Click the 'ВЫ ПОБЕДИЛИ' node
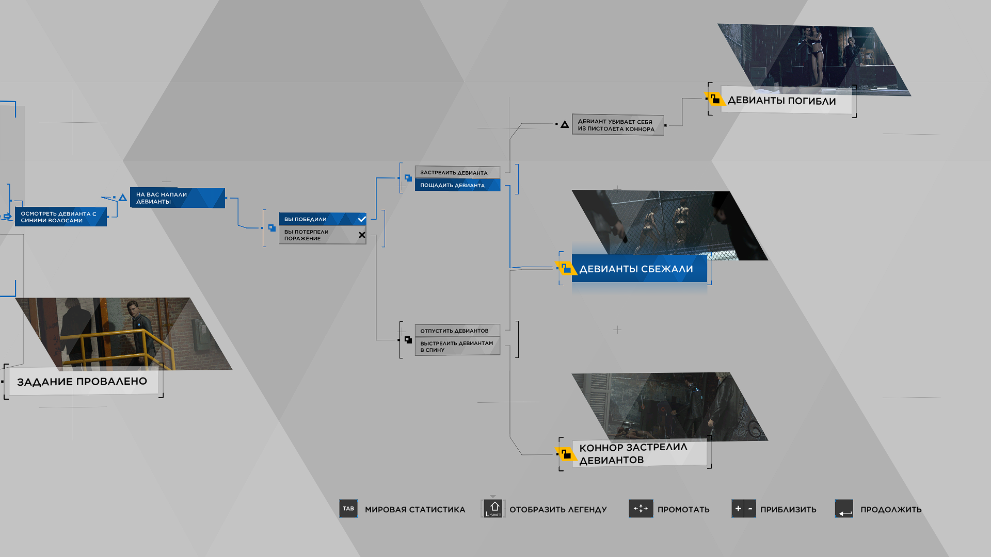pyautogui.click(x=322, y=219)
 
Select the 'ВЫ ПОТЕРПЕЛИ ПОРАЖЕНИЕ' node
pyautogui.click(x=322, y=235)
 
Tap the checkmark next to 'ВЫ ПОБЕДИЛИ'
pyautogui.click(x=362, y=219)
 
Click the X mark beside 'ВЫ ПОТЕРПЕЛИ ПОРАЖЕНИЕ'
pyautogui.click(x=362, y=235)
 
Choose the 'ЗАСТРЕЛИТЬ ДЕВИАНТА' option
pyautogui.click(x=457, y=172)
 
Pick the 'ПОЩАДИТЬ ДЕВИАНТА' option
pyautogui.click(x=457, y=185)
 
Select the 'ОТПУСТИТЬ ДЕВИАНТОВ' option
pyautogui.click(x=457, y=331)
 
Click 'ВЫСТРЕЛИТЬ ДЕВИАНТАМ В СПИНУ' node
pyautogui.click(x=457, y=346)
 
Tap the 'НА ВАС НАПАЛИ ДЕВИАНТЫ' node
pyautogui.click(x=178, y=198)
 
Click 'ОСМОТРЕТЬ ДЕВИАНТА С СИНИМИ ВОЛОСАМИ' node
pyautogui.click(x=61, y=217)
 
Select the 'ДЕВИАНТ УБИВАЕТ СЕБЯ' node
pyautogui.click(x=618, y=125)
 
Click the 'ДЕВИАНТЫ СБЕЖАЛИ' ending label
pyautogui.click(x=639, y=269)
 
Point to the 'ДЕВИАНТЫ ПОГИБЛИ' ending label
pyautogui.click(x=786, y=101)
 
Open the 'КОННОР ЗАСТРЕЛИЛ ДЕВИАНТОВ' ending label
pyautogui.click(x=639, y=453)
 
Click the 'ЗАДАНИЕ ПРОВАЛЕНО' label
pyautogui.click(x=83, y=382)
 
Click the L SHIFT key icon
pyautogui.click(x=493, y=509)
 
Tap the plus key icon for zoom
pyautogui.click(x=738, y=509)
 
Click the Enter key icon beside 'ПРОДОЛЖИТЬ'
pyautogui.click(x=844, y=509)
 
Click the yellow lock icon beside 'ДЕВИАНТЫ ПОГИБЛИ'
pyautogui.click(x=715, y=99)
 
